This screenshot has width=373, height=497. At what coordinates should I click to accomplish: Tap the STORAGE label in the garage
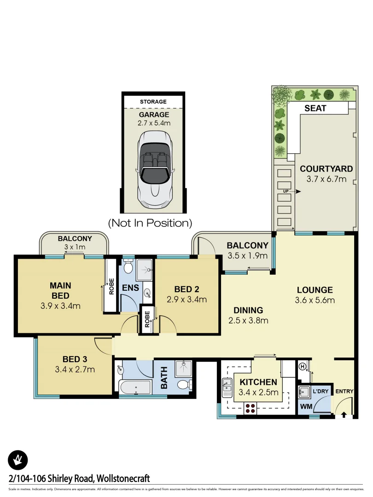tap(153, 102)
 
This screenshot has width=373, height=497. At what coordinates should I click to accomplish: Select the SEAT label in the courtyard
tap(315, 109)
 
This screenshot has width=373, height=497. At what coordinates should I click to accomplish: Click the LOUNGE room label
tap(315, 290)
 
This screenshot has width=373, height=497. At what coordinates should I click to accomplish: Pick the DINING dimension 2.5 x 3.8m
tap(248, 320)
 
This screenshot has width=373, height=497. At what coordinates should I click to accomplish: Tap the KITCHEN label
tap(258, 382)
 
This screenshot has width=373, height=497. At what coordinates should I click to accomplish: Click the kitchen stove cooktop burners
tap(250, 407)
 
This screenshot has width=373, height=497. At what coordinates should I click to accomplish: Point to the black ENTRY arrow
tap(344, 415)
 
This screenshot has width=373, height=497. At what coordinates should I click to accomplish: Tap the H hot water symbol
tap(303, 367)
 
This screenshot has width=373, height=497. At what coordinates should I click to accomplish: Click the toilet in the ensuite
tap(128, 266)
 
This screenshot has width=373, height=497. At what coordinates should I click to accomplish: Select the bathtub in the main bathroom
tap(136, 387)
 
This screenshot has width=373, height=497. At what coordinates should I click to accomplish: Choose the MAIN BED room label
tap(60, 290)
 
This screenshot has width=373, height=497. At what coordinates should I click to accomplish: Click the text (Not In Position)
tap(150, 223)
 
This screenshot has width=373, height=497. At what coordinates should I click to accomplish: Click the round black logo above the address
tap(18, 460)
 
